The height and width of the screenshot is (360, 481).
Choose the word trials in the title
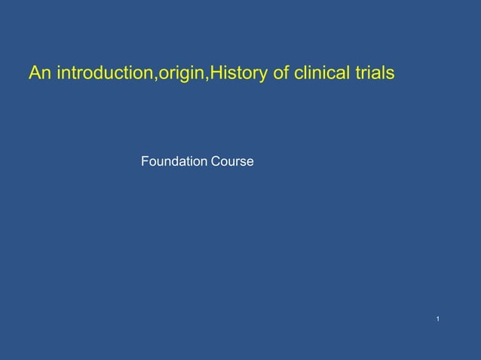(x=374, y=74)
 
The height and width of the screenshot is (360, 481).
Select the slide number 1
(x=438, y=322)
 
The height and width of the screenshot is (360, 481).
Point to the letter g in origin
(x=184, y=76)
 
